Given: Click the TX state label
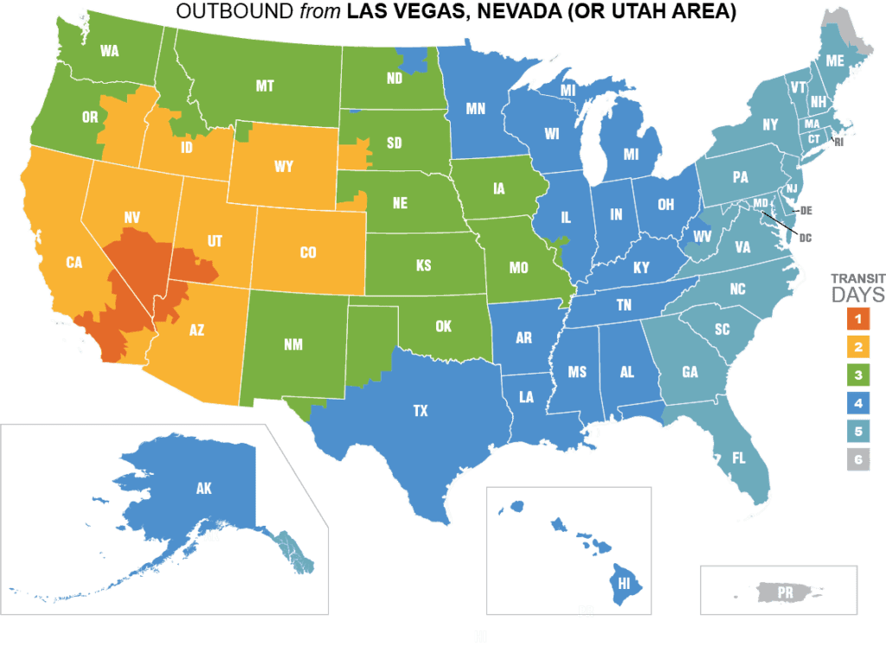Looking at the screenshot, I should point(421,412).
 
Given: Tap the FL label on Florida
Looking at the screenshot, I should point(739,458).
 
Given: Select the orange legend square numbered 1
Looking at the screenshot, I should point(858,320).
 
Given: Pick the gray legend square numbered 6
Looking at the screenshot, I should point(858,460).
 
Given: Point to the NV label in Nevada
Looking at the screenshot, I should point(132,219).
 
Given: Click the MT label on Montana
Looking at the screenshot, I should point(265,86).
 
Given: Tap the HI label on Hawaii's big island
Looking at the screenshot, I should point(624,584).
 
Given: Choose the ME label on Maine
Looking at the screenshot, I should point(835,61).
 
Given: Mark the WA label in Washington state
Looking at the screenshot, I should point(109,50).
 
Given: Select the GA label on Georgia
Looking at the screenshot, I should point(690,373).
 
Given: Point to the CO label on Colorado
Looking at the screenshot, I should point(308,253).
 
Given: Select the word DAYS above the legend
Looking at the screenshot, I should point(858,296).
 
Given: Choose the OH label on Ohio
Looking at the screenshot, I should point(665,205).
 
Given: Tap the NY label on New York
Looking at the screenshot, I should point(748,125).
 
